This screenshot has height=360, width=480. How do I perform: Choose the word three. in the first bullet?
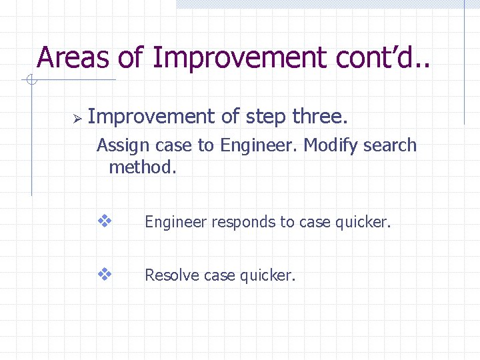(x=320, y=117)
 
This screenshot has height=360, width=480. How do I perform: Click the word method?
(x=143, y=167)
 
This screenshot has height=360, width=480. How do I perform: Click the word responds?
(x=236, y=223)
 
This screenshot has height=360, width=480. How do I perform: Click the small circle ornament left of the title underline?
(x=31, y=81)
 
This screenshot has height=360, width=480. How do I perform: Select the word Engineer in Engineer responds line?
(x=175, y=223)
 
